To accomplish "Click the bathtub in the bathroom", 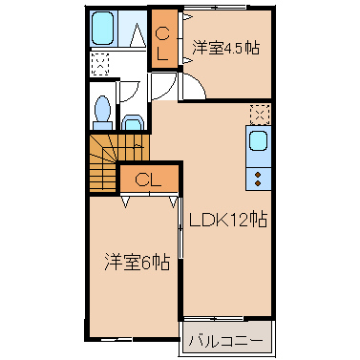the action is pos(102,29).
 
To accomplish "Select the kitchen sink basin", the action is pos(258,140).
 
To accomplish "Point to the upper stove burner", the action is pos(258,175).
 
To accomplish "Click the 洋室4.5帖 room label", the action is pos(225,48).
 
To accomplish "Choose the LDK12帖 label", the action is pos(228,220).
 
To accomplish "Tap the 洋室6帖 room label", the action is pos(137,263).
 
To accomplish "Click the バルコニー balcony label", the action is pos(226,342).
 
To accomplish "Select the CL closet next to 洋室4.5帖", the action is pos(164,39).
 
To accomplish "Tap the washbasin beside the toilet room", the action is pos(133,123).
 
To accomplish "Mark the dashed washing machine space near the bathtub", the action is pos(100,64).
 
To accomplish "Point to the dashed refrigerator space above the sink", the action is pos(260,115).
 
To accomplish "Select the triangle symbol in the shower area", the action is pos(138,34).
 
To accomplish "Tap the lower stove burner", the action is pos(258,183).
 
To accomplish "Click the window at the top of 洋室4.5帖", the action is pos(215,8).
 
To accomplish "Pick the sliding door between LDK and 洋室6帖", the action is pos(180,227).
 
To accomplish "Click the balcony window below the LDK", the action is pos(214,318).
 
